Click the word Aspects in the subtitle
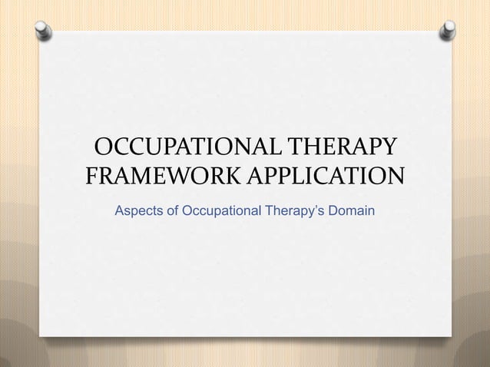pos(138,209)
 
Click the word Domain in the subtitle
pos(352,209)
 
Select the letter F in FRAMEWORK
pos(91,179)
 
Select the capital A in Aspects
pos(119,209)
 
